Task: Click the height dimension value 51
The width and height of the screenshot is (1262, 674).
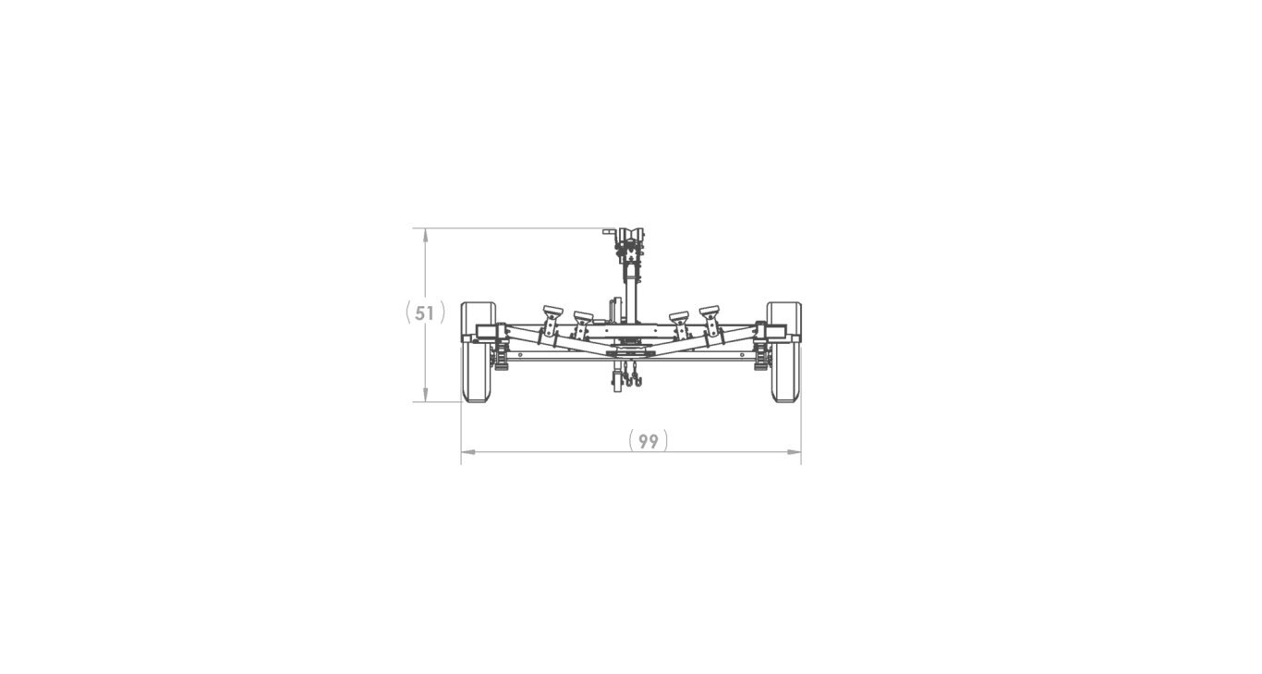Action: [424, 313]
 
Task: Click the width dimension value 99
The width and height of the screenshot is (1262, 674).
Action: [649, 441]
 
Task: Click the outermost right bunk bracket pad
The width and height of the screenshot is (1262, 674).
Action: [710, 310]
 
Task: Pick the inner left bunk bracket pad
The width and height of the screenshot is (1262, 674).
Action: [583, 316]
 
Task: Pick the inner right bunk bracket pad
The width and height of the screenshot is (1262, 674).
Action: [680, 316]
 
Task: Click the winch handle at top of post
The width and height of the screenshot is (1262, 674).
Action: [609, 231]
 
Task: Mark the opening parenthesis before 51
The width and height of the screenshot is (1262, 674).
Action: [408, 312]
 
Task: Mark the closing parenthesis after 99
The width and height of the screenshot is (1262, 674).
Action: [665, 441]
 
